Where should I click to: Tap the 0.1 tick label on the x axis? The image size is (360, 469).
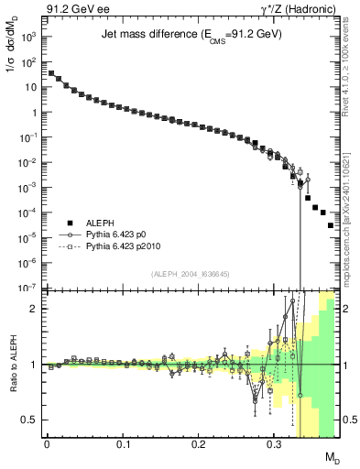[x=123, y=444]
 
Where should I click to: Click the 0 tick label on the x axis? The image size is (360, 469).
[x=47, y=444]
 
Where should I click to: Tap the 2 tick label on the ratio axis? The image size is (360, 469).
[x=34, y=309]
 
